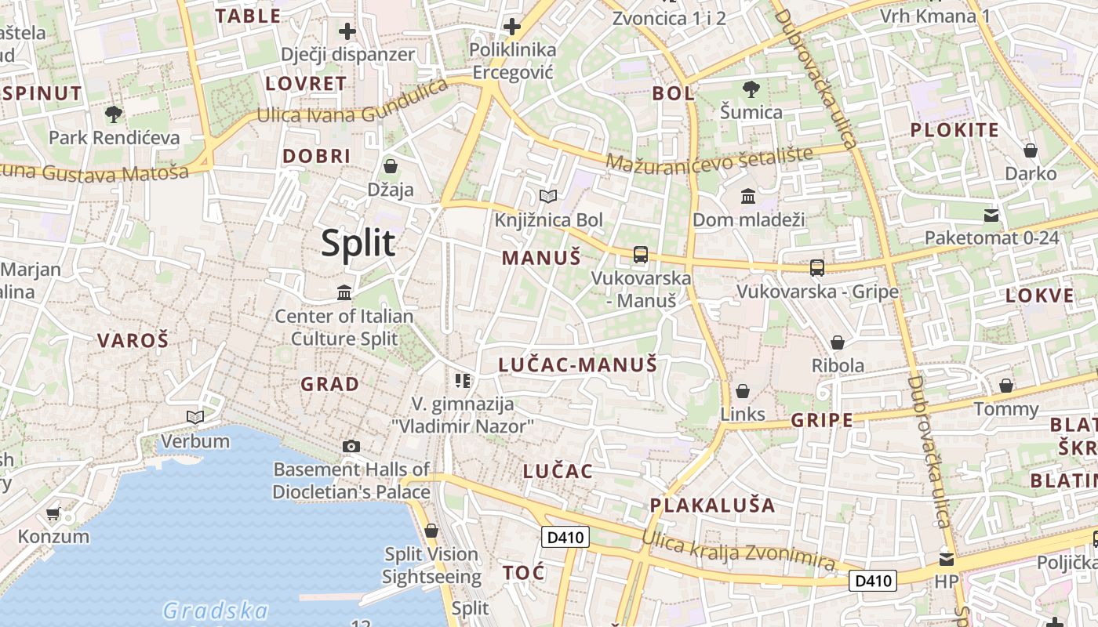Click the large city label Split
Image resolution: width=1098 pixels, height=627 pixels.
coord(358,244)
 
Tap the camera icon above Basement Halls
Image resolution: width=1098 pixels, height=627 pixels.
coord(351,447)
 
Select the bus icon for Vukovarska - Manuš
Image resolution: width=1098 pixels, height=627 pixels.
coord(641,254)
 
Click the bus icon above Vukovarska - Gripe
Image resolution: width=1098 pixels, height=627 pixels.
coord(817,267)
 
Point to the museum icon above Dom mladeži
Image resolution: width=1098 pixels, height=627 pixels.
coord(748,196)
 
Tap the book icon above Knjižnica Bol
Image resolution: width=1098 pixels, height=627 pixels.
coord(548,196)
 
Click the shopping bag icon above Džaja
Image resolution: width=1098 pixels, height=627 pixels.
coord(391,166)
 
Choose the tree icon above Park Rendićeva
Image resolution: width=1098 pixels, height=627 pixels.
coord(114,114)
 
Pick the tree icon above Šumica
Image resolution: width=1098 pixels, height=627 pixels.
coord(751,89)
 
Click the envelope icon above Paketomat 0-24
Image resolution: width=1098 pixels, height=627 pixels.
coord(991,215)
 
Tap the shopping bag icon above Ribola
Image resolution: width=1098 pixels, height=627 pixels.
coord(838,342)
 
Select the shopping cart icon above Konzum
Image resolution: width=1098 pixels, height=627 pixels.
coord(53,514)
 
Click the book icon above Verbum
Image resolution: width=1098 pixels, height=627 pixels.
coord(195,417)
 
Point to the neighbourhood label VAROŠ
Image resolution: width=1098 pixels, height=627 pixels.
coord(133,340)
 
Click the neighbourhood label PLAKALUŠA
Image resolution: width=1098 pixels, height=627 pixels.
coord(712,505)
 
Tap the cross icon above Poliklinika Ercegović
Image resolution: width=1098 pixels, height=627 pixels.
coord(511,27)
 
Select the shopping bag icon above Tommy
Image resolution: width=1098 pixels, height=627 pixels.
coord(1006,386)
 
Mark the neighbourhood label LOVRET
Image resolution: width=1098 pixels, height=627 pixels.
coord(306,84)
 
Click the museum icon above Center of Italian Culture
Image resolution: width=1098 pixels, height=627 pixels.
coord(344,293)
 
